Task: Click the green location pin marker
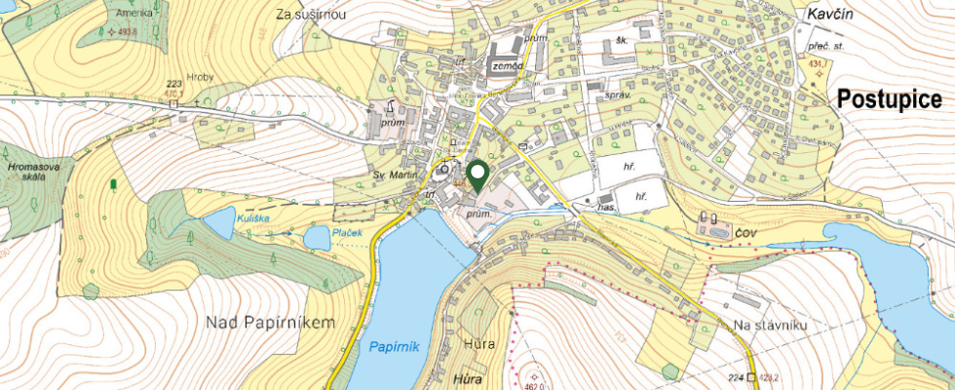tap(477, 175)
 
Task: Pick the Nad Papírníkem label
tap(271, 322)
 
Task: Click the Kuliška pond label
tap(251, 219)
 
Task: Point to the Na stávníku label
tap(771, 325)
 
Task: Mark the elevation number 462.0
tap(533, 382)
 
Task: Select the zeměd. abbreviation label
tap(508, 65)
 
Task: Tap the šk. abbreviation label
tap(612, 40)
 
